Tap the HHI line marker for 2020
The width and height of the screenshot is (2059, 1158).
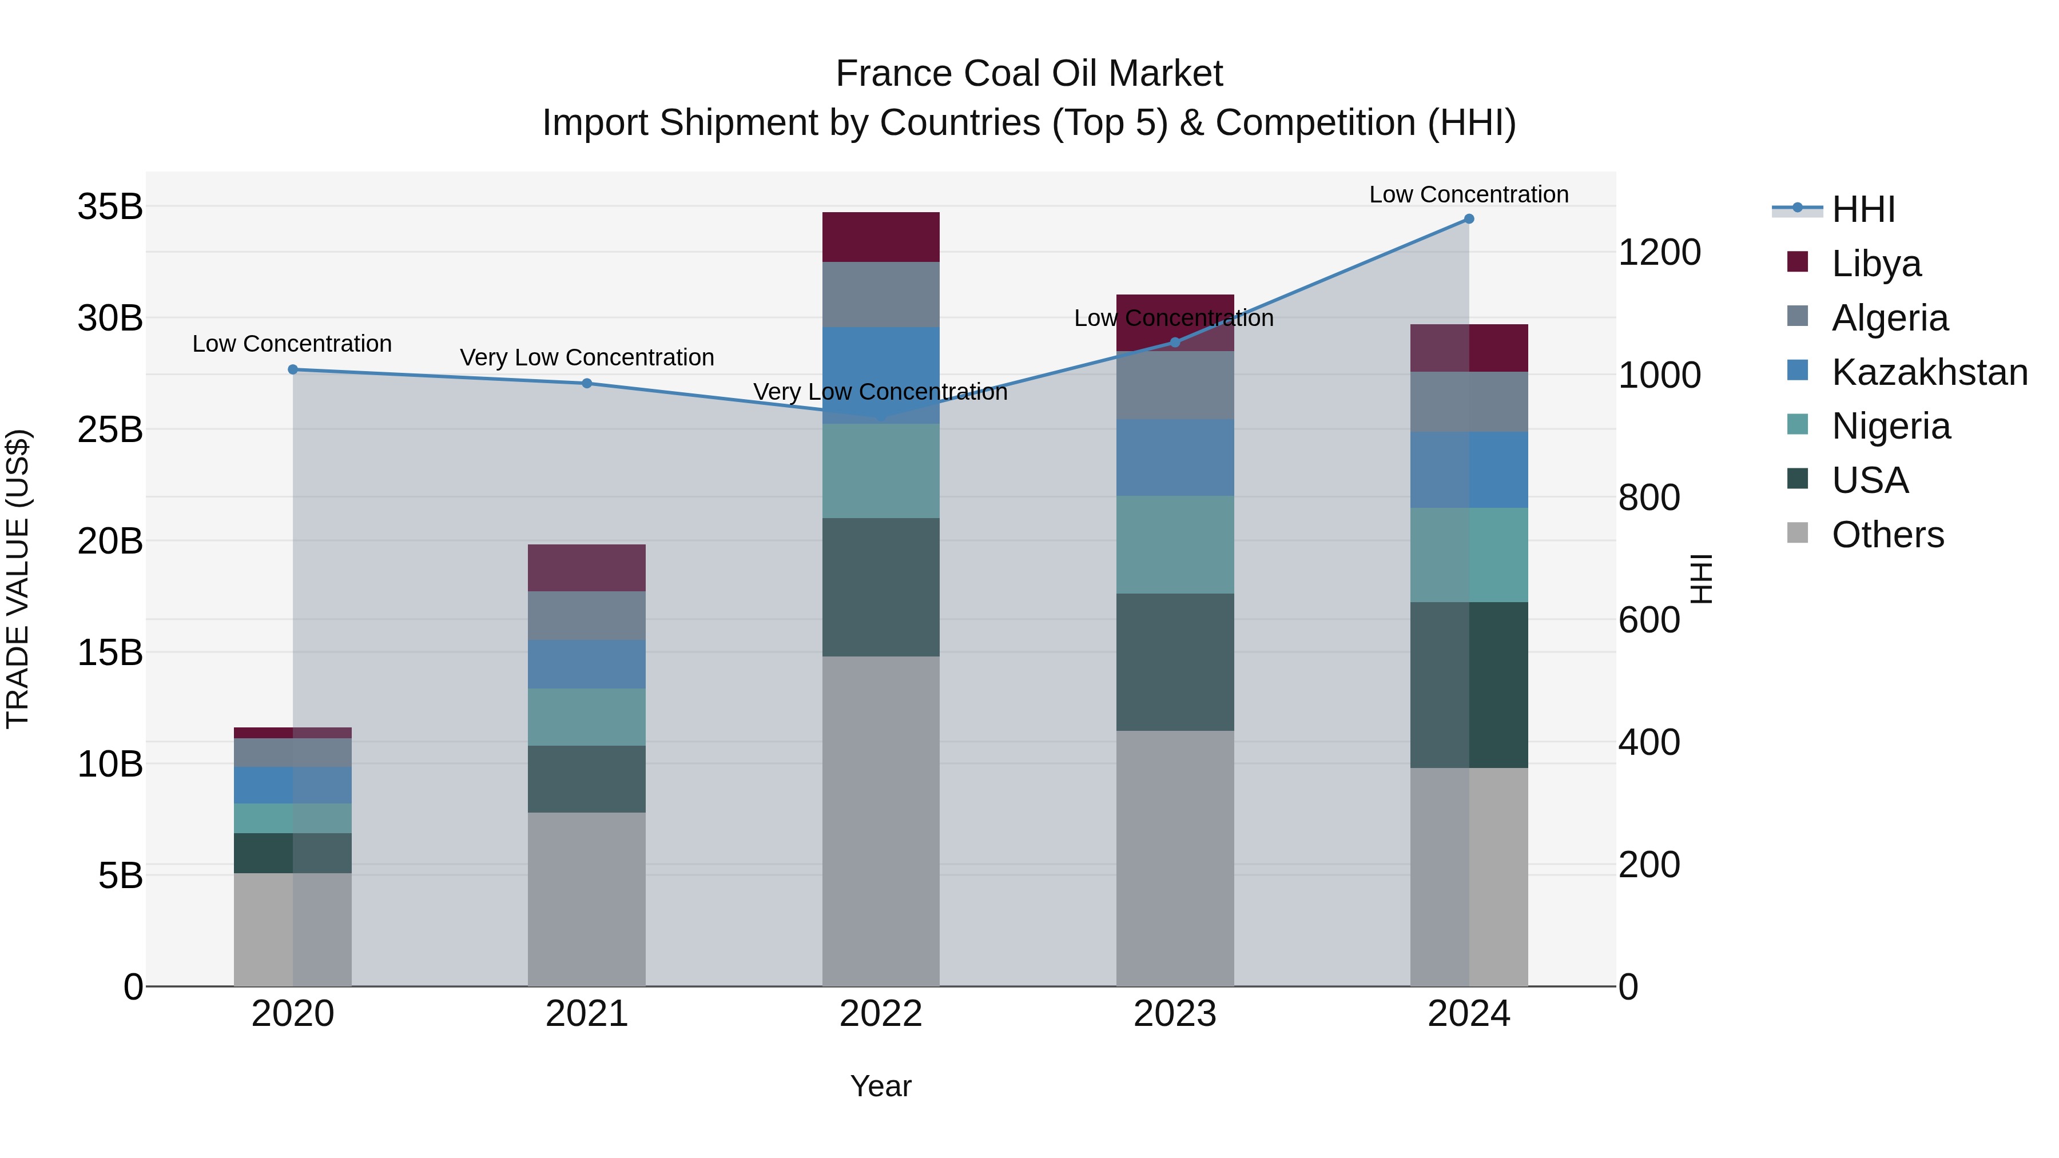point(292,369)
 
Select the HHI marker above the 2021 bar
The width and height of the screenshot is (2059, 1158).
point(587,383)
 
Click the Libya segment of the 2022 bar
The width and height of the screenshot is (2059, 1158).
point(880,237)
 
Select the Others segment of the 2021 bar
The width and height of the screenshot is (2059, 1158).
point(587,899)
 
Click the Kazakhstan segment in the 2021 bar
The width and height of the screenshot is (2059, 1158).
point(587,664)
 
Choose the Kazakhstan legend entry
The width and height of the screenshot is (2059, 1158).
point(1906,372)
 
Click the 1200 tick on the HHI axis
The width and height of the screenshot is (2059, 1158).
point(1659,253)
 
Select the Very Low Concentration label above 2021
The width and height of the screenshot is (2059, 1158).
point(587,357)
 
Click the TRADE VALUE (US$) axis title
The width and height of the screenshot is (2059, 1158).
point(18,579)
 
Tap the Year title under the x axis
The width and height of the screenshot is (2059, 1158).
point(880,1086)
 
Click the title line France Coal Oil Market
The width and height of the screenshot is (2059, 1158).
point(1029,74)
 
